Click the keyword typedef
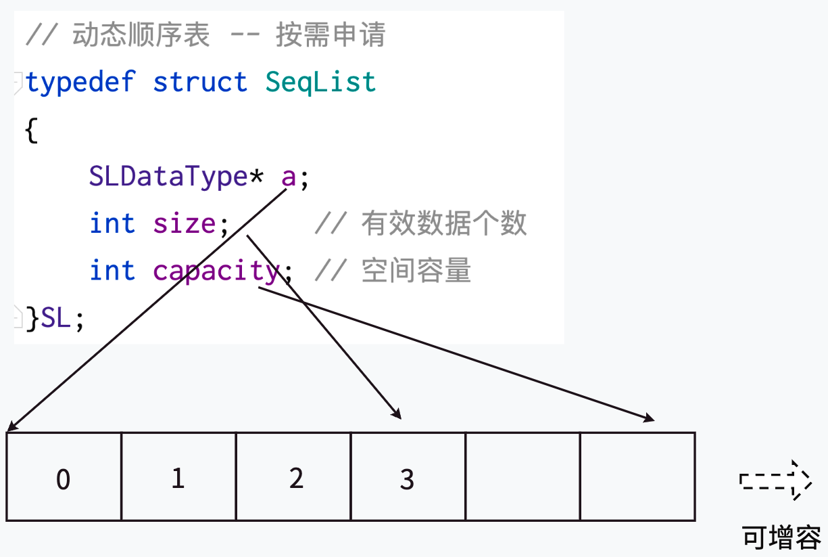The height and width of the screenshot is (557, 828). coord(80,83)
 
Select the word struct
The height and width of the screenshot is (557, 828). coord(200,83)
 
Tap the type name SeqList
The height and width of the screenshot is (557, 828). coord(320,83)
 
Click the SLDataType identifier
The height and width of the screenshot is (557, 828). coord(168,177)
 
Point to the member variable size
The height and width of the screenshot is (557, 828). coord(185,223)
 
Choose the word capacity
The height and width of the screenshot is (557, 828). coord(216,271)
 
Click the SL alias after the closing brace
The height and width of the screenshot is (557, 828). coord(55,318)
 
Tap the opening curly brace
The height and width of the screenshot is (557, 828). coord(31,130)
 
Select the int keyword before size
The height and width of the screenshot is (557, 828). coord(112,223)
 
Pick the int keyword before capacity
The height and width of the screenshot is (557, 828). coord(112,271)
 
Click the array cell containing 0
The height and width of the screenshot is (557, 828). coord(64,477)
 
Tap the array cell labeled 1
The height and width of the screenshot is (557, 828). coord(178,477)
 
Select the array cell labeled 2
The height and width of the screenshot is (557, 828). coord(293,477)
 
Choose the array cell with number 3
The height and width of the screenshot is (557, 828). coord(408,477)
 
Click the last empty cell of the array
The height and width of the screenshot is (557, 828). coord(637,477)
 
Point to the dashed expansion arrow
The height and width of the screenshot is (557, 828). coord(775,481)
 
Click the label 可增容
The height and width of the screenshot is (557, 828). coord(781,537)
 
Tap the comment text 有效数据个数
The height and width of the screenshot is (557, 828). coord(443,223)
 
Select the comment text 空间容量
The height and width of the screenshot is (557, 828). coord(416,271)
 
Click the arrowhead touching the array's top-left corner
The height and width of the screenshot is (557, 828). coord(11,427)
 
